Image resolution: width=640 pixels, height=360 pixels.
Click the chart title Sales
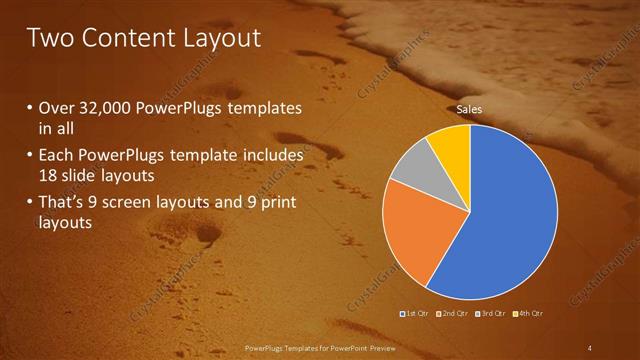pos(469,108)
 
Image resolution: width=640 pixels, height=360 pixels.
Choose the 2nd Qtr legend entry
pos(453,314)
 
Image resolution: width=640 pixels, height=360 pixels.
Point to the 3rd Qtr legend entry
pos(490,314)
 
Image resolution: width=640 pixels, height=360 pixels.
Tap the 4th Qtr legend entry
pos(528,314)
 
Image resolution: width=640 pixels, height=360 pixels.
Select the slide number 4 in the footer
pos(589,347)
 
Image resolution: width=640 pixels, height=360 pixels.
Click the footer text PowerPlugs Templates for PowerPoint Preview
pos(319,347)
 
